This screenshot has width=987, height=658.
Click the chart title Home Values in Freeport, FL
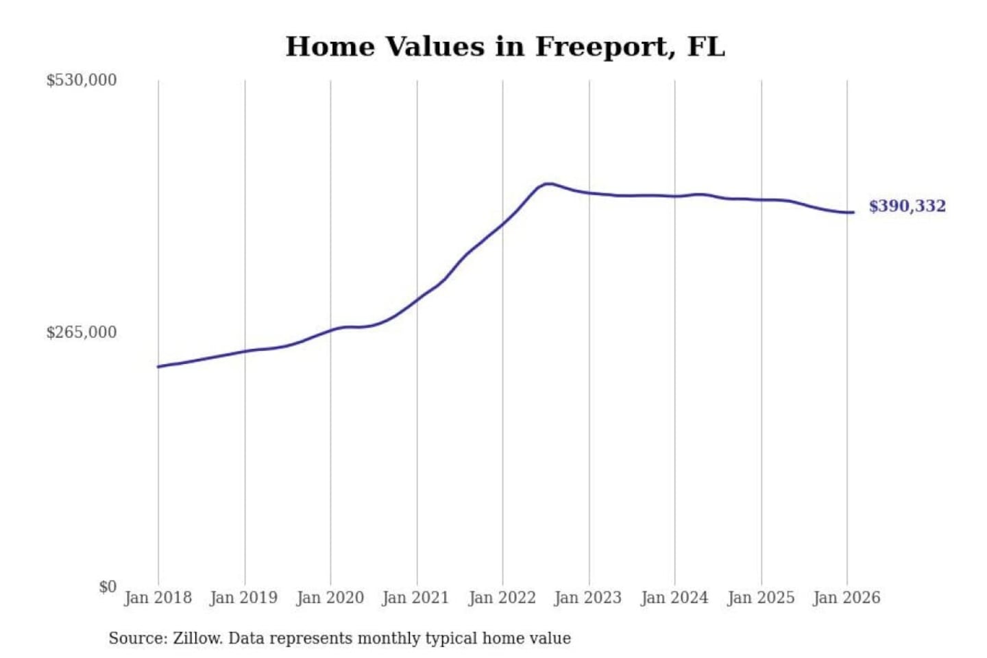pyautogui.click(x=505, y=47)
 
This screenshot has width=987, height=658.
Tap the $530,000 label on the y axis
pyautogui.click(x=82, y=80)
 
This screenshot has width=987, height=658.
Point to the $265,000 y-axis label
pyautogui.click(x=82, y=332)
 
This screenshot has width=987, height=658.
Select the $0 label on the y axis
pyautogui.click(x=108, y=587)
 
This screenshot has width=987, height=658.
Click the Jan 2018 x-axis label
pyautogui.click(x=158, y=598)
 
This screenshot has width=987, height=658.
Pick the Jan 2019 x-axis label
pyautogui.click(x=244, y=598)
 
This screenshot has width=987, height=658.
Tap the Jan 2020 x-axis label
pyautogui.click(x=330, y=598)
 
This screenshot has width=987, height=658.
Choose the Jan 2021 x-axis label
pyautogui.click(x=415, y=598)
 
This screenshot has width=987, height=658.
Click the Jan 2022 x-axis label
pyautogui.click(x=502, y=598)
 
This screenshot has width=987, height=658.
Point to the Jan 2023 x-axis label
pyautogui.click(x=587, y=598)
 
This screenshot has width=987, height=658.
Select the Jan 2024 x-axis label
pyautogui.click(x=674, y=598)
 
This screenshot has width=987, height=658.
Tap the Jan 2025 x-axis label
pyautogui.click(x=760, y=598)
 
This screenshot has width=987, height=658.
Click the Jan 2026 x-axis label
pyautogui.click(x=846, y=598)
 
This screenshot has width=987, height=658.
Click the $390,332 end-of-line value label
pyautogui.click(x=907, y=206)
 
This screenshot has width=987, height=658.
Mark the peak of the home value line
pyautogui.click(x=547, y=184)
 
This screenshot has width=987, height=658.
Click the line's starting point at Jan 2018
pyautogui.click(x=158, y=367)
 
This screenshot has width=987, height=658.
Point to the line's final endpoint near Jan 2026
pyautogui.click(x=853, y=212)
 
